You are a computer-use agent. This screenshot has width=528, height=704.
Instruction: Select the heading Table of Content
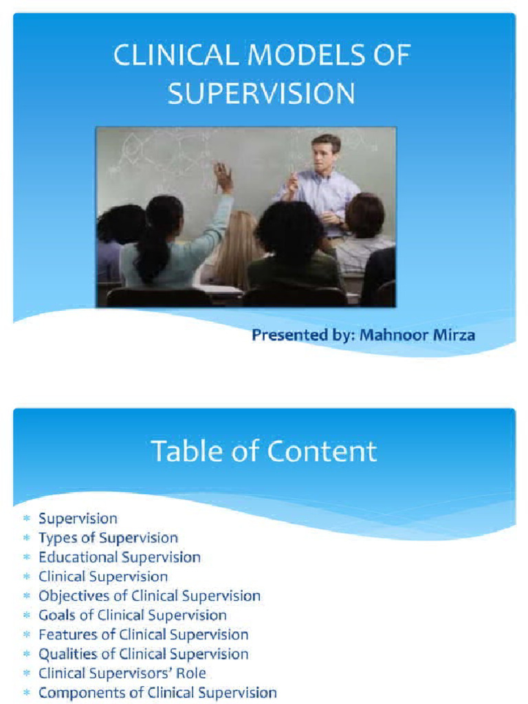(264, 452)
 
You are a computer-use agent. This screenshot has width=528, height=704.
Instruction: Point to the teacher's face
(324, 155)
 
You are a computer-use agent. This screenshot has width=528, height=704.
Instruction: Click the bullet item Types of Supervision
(108, 538)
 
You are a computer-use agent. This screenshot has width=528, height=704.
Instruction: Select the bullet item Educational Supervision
(120, 557)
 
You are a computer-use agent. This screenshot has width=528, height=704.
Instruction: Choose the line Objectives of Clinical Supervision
(149, 595)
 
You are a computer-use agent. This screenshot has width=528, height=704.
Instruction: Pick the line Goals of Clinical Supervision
(132, 615)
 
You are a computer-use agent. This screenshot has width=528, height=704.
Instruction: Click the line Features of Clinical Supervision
(143, 635)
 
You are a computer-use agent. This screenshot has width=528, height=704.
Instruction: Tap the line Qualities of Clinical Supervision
(143, 654)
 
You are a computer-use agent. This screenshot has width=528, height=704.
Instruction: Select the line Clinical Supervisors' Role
(122, 673)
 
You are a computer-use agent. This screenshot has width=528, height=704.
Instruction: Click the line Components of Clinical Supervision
(157, 692)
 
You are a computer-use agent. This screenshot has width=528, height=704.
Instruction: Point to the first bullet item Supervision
(78, 518)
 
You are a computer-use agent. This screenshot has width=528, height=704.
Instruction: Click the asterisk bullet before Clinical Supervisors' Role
(26, 674)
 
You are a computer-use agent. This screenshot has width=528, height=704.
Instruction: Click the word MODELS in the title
(291, 56)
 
